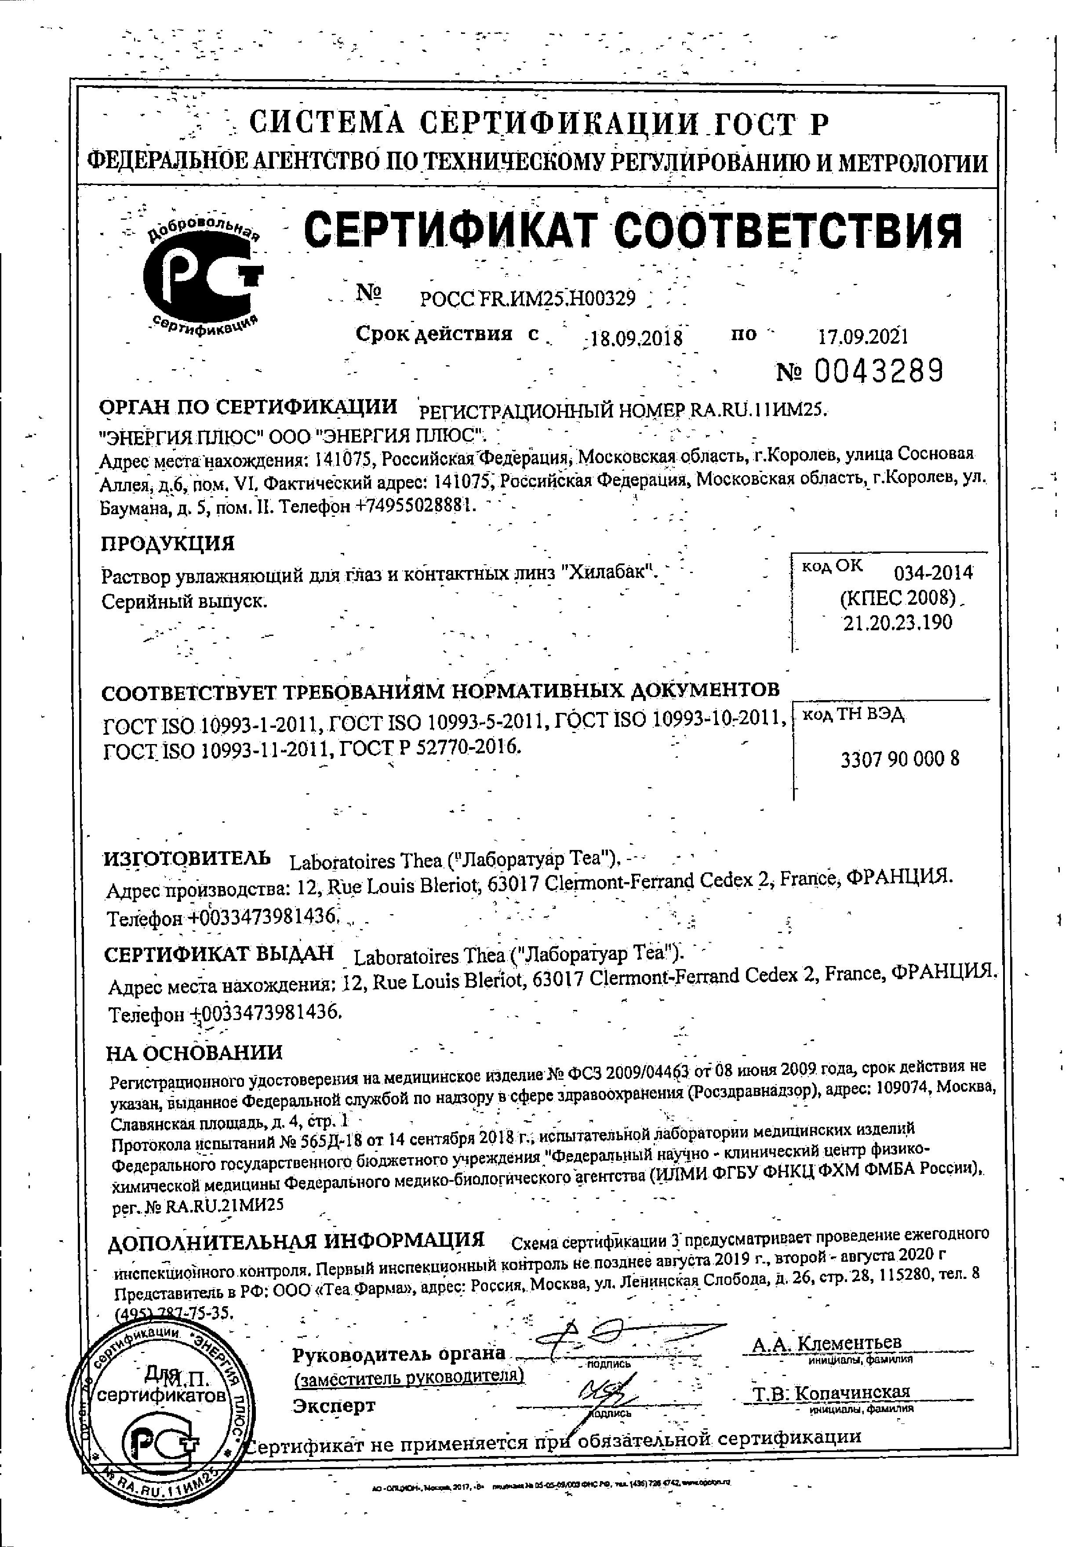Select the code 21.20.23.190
point(898,622)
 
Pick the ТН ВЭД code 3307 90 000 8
point(899,759)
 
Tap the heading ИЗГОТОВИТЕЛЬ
point(187,858)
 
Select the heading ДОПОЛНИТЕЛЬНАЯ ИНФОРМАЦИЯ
point(296,1240)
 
